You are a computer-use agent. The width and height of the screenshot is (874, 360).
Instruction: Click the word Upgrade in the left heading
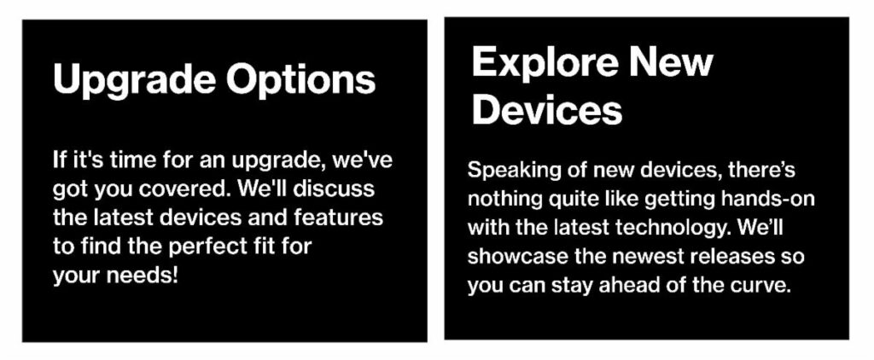click(134, 81)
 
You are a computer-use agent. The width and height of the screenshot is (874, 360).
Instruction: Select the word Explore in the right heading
click(539, 61)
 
